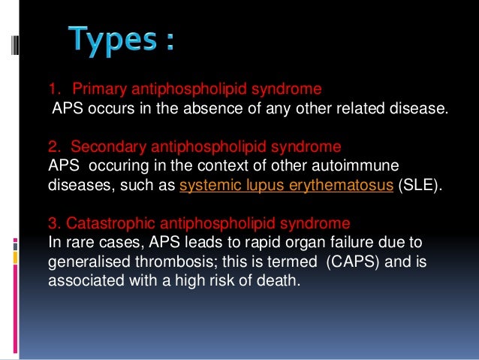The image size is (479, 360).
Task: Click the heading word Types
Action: [x=113, y=39]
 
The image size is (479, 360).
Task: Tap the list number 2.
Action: [x=53, y=146]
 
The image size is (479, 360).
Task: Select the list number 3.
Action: [x=52, y=223]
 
